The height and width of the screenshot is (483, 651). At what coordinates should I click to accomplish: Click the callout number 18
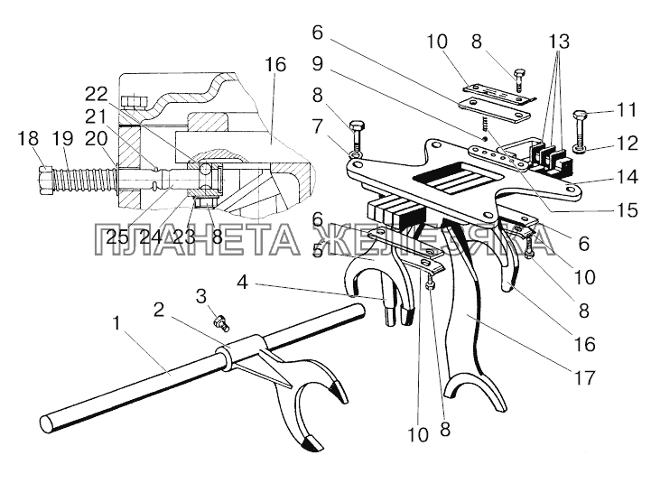(x=27, y=138)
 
